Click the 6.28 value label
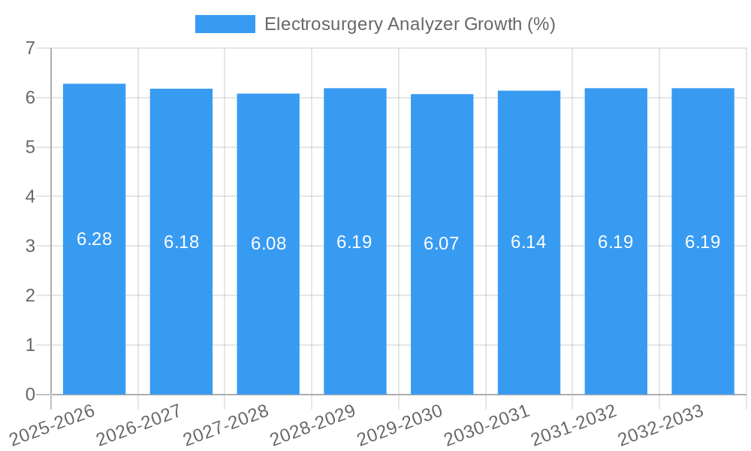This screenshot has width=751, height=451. [x=94, y=239]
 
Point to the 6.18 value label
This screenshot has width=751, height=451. [x=181, y=242]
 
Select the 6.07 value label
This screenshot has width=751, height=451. [x=442, y=244]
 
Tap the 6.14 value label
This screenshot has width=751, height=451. [x=529, y=242]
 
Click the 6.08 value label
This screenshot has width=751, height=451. [x=268, y=244]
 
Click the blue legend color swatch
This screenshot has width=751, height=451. [x=225, y=24]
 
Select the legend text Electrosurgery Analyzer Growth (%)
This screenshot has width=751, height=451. [x=409, y=24]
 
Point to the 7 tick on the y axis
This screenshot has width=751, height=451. [x=30, y=48]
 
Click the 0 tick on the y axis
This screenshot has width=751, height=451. [x=30, y=395]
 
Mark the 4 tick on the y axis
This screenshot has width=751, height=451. [x=30, y=197]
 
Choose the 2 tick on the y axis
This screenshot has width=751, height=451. [x=30, y=295]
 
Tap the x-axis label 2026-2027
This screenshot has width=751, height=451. [x=139, y=425]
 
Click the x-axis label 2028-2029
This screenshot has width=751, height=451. [x=312, y=425]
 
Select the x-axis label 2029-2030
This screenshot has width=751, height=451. [x=400, y=425]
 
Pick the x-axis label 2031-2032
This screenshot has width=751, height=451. [x=574, y=425]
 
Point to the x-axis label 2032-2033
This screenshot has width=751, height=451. [x=660, y=425]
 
